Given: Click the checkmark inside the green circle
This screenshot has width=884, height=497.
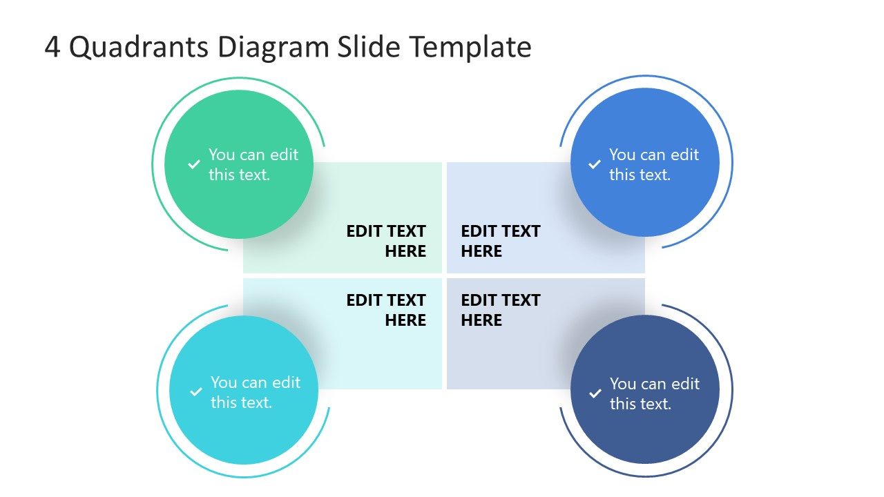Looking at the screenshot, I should (x=193, y=164).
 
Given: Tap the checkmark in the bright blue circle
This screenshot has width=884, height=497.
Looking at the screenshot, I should (x=594, y=164).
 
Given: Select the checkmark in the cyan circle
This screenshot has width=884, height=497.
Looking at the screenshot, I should (x=195, y=392).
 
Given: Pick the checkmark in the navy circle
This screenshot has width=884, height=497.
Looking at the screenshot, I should (x=595, y=393).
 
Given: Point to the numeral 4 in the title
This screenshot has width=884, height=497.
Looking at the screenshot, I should (x=52, y=48).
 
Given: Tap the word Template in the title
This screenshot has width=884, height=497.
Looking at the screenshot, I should (x=470, y=48).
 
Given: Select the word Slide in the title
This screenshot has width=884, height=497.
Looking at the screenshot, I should (x=370, y=48).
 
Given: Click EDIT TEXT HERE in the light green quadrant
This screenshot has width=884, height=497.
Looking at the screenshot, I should (x=386, y=241).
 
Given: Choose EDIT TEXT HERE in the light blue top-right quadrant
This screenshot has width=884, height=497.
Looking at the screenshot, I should (x=500, y=241).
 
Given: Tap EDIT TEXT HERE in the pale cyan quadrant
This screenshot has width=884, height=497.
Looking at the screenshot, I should (x=386, y=310).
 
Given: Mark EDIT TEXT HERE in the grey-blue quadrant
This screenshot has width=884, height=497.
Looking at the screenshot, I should (x=500, y=310).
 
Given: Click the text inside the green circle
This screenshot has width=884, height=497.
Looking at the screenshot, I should (x=253, y=164).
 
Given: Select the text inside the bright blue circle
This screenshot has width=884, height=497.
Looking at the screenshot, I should (x=653, y=164).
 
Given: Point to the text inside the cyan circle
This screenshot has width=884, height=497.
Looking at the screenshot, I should (x=255, y=392).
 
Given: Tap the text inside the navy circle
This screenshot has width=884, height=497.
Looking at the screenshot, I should (x=654, y=393).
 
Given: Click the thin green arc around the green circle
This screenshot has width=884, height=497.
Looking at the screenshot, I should (x=153, y=164).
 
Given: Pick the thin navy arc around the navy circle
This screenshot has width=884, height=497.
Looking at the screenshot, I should (x=732, y=390).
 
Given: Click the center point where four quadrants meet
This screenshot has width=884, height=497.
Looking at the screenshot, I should (x=444, y=275).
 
